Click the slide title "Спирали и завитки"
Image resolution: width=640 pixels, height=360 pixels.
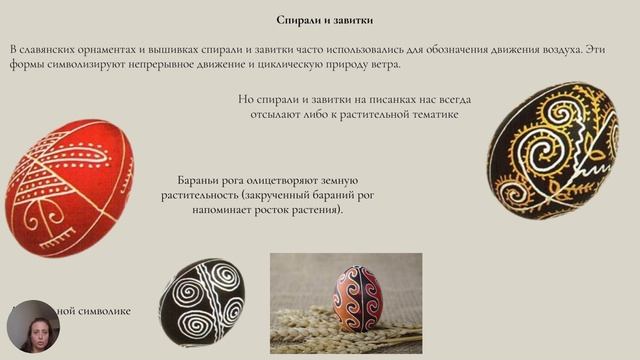319,20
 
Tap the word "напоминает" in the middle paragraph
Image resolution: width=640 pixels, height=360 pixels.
211,211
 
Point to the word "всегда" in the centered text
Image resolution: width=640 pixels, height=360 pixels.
451,100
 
